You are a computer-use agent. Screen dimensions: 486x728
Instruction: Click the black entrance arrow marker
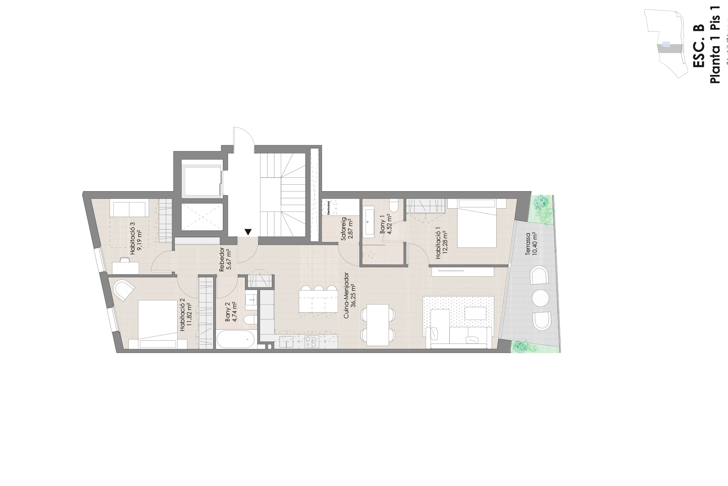tap(248, 232)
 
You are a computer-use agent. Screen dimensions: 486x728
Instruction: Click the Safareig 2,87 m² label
tap(347, 230)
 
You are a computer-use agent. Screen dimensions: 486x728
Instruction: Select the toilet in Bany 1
tap(393, 207)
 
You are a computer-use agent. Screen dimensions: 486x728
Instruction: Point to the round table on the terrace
tap(541, 298)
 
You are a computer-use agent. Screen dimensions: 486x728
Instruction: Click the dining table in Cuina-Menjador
tap(378, 325)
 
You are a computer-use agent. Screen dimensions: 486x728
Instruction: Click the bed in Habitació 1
tap(476, 223)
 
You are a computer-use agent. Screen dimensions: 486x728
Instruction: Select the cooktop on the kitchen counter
tap(311, 342)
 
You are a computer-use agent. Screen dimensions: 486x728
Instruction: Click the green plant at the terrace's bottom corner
tap(521, 346)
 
